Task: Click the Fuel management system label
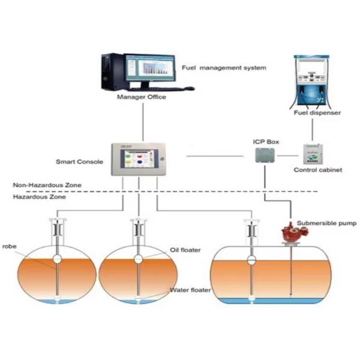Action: [x=224, y=68]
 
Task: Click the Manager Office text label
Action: [x=142, y=97]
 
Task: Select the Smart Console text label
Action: [x=80, y=161]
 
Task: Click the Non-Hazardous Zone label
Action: [x=47, y=185]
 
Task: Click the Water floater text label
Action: [x=190, y=290]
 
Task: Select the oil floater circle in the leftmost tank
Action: [x=58, y=259]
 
